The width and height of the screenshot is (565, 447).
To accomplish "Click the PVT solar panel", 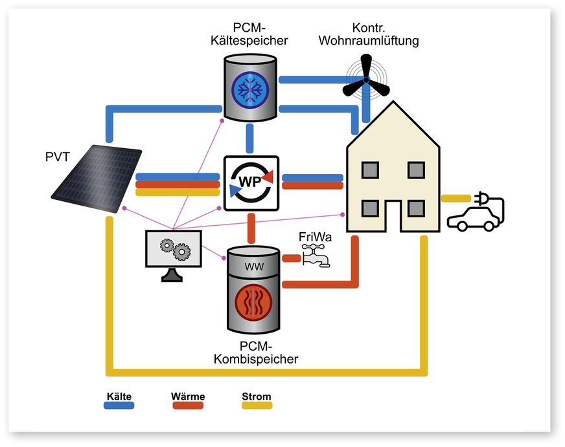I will (x=97, y=178).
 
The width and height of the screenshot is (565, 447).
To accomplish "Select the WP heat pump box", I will (x=251, y=183).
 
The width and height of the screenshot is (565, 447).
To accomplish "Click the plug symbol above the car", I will (x=484, y=197).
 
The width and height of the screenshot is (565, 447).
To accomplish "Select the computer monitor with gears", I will (x=173, y=252).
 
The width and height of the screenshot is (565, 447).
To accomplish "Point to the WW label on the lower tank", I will (x=251, y=266).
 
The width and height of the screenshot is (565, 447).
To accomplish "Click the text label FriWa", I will (x=315, y=237).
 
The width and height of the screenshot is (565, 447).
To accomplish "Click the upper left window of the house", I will (x=370, y=170).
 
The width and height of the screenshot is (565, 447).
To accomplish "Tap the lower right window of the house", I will (x=416, y=208).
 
